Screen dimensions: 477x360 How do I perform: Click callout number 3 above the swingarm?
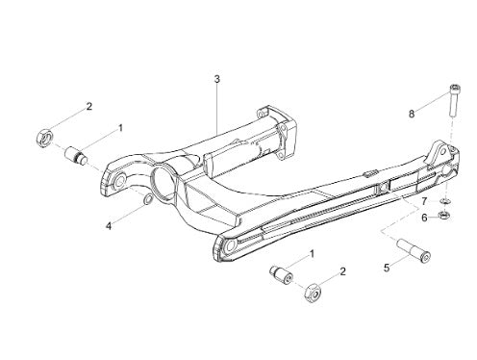(217, 79)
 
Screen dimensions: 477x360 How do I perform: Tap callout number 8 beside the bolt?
(412, 114)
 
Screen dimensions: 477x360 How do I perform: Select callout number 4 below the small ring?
(109, 226)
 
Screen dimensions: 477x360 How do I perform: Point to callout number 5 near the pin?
(387, 268)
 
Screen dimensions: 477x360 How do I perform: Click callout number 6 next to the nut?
(424, 218)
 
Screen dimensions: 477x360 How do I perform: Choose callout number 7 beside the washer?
(424, 201)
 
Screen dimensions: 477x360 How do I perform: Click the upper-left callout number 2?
(89, 106)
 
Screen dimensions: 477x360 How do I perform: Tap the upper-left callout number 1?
(120, 128)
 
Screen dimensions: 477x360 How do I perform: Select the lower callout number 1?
(312, 254)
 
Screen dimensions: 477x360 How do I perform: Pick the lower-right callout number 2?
(343, 271)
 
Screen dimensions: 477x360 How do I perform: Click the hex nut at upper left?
(44, 139)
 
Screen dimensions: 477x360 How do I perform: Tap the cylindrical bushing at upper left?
(76, 156)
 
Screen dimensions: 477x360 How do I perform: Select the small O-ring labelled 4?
(147, 200)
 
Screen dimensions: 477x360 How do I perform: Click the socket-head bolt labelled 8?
(454, 101)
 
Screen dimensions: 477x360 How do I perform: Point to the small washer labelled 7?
(444, 201)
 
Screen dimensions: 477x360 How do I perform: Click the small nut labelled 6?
(444, 215)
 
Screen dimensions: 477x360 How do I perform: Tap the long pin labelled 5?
(414, 250)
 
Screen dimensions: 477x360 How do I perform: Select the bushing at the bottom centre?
(281, 275)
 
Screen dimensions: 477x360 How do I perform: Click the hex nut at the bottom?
(313, 293)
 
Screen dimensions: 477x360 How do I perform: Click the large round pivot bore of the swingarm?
(163, 183)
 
